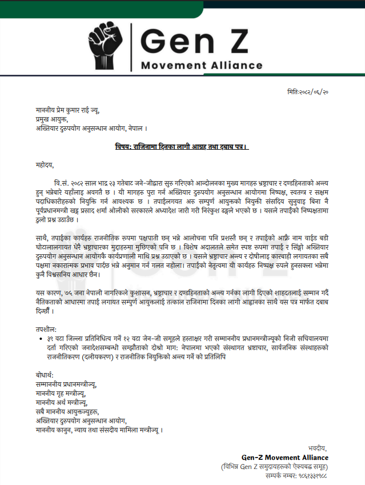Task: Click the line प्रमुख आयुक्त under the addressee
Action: pos(51,119)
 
